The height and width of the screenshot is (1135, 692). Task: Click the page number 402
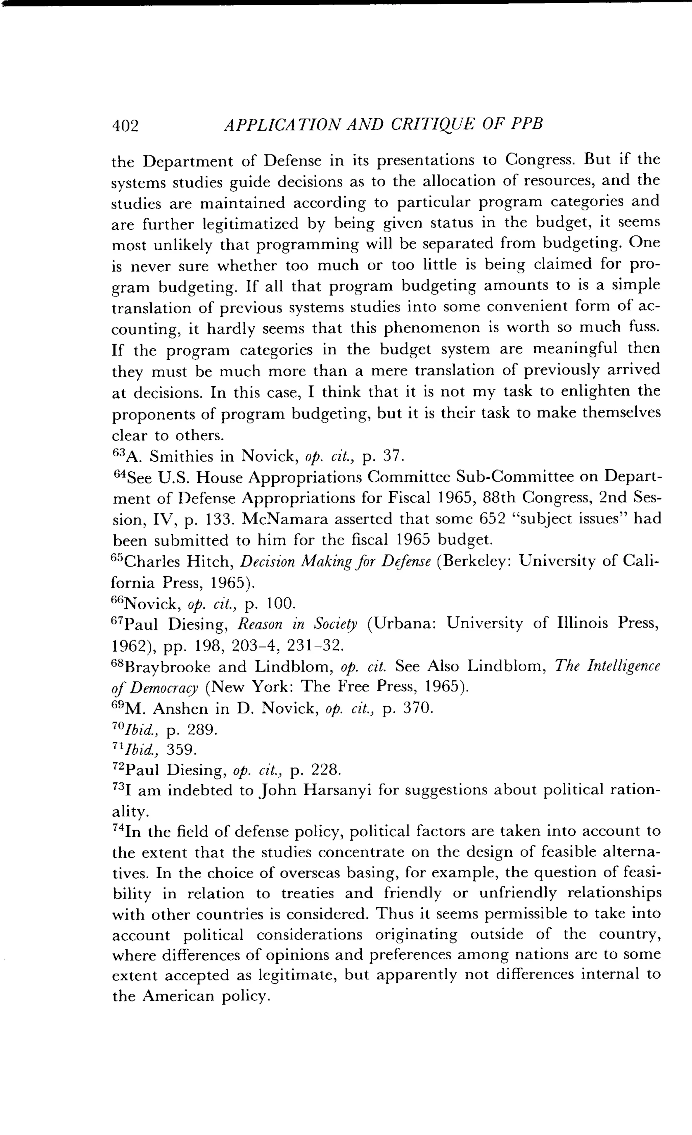click(125, 126)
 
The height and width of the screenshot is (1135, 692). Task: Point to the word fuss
click(644, 328)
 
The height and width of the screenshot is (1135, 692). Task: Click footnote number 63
click(119, 453)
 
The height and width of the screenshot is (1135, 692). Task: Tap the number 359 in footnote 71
click(181, 750)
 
